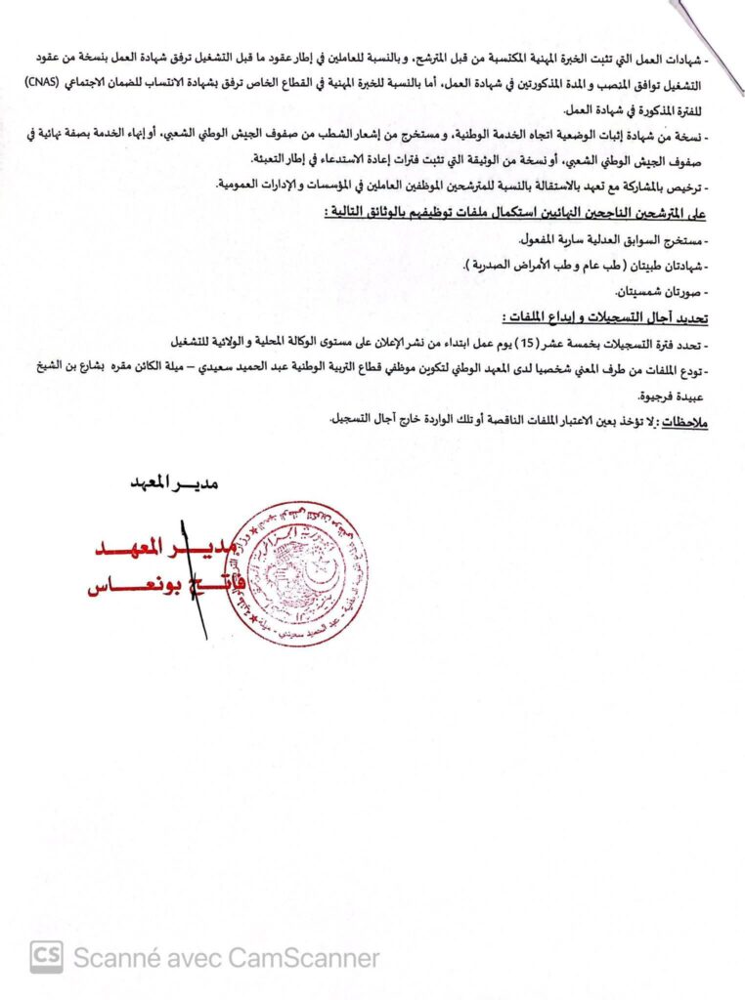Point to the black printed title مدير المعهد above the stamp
(x=173, y=480)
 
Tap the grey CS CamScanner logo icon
(x=46, y=957)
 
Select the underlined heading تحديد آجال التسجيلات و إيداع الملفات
(x=599, y=318)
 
